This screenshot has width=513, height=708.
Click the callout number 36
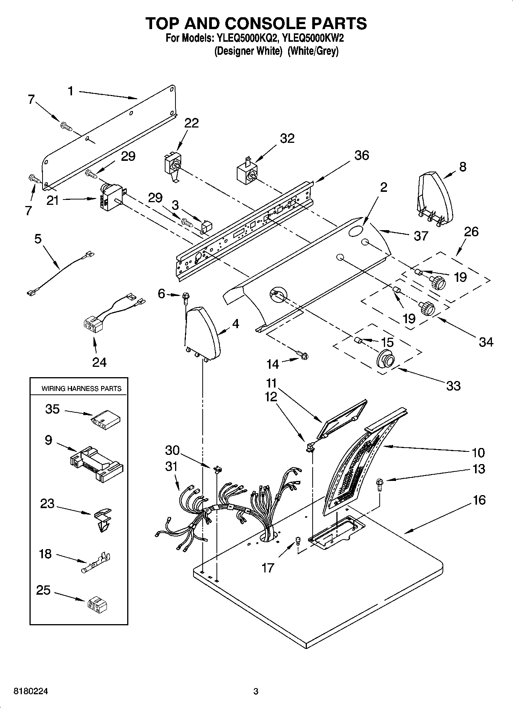[x=361, y=155]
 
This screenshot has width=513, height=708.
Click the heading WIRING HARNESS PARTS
[x=81, y=389]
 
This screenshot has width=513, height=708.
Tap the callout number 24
[x=99, y=362]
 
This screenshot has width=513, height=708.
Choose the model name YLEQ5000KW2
[x=313, y=38]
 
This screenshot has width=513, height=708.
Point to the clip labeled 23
[x=102, y=520]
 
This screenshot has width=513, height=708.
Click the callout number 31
[x=172, y=467]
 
